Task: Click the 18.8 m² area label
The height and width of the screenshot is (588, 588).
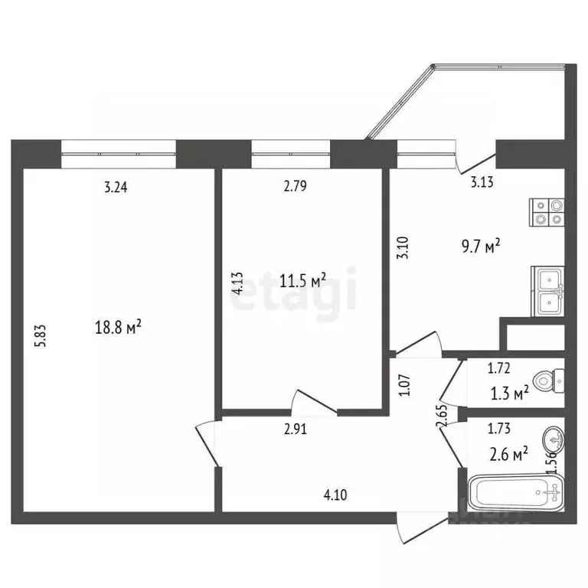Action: point(116,328)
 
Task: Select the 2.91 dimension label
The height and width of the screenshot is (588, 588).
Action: point(297,430)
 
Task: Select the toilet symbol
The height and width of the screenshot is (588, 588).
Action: point(550,379)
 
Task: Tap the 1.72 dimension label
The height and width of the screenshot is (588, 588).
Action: point(500,369)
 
